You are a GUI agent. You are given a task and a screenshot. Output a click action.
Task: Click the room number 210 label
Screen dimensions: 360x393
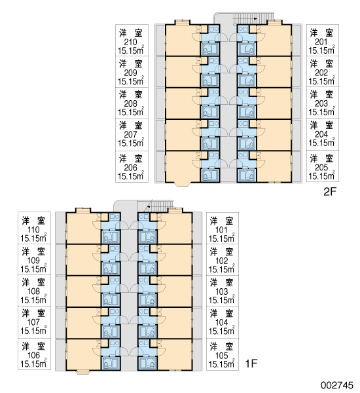coord(130,42)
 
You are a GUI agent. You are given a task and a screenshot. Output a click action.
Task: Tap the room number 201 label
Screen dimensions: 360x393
coord(321,42)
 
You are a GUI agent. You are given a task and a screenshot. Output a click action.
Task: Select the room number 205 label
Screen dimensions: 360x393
coord(321,168)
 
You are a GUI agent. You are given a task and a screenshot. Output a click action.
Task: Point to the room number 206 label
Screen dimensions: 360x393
coord(130,168)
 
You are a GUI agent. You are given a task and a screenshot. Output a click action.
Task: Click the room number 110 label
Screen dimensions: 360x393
coord(33,230)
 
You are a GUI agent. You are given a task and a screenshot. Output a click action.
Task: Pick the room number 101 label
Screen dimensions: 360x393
coord(221,230)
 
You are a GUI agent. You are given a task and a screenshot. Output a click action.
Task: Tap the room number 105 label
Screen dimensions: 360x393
coord(221,356)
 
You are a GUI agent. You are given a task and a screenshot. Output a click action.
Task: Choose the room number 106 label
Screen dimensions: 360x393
coord(33,356)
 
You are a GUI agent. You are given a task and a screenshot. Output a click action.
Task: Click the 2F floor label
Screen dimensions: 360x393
coord(329,192)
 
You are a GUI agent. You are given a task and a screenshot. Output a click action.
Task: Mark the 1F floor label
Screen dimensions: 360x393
coord(251,363)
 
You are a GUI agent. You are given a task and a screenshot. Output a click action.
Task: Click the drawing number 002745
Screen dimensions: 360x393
coord(337,385)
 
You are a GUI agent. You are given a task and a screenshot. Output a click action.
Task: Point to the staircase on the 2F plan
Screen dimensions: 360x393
coord(253,18)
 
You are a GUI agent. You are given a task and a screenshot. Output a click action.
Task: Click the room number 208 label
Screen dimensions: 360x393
coord(130,103)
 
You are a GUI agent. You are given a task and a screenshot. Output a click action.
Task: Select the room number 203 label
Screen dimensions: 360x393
coord(321,103)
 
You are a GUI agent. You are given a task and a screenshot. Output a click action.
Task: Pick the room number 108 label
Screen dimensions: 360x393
coord(33,291)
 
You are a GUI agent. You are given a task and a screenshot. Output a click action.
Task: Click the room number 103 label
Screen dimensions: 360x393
coord(221,291)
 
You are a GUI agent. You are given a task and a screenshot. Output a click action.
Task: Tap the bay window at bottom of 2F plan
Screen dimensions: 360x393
coord(183,184)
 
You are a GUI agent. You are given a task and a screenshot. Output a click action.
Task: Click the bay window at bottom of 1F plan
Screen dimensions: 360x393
coord(83,373)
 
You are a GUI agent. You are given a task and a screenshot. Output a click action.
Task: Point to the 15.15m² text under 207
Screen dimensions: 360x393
coord(131,143)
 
